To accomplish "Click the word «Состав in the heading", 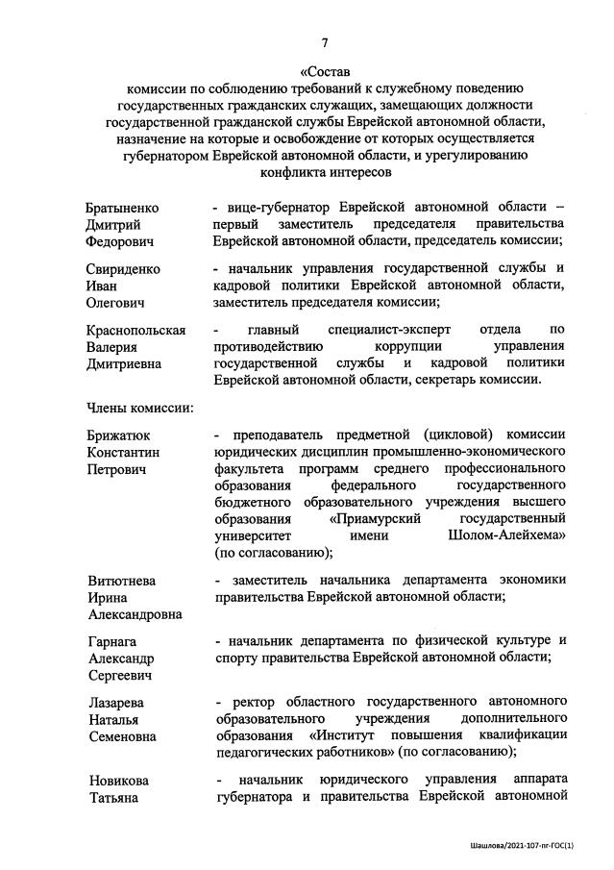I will [325, 71].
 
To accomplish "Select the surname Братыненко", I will [121, 208].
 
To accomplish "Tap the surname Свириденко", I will [121, 269].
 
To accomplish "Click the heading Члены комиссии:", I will [139, 408].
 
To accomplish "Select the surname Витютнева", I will [120, 581].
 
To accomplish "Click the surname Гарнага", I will [111, 641].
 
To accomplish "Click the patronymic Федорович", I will [119, 241].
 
